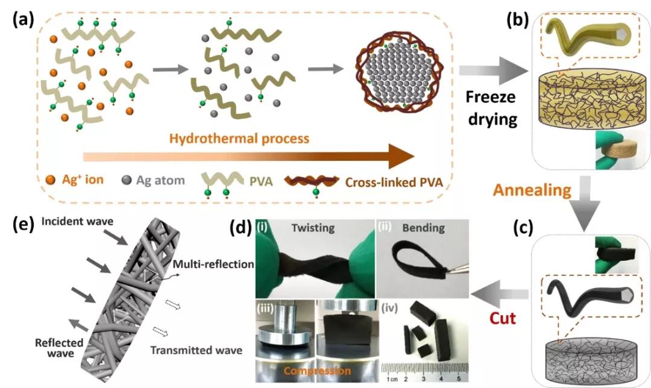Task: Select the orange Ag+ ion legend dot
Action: pyautogui.click(x=52, y=179)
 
